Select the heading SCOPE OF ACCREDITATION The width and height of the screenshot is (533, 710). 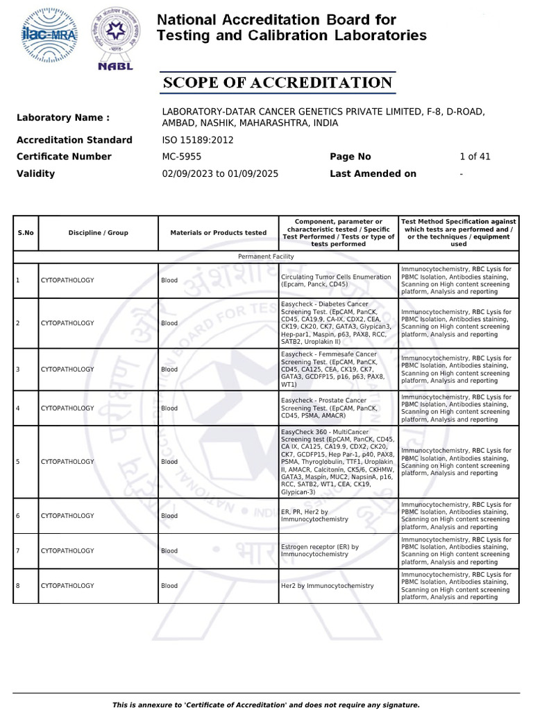pos(278,83)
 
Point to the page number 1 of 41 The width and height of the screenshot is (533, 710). pos(475,157)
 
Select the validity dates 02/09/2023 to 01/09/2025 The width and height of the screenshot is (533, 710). pos(220,174)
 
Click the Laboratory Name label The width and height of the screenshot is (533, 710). pos(63,118)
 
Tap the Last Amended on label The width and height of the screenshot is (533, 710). pos(373,174)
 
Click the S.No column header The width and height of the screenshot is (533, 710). pos(25,233)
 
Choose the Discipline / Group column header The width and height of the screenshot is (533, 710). pos(98,233)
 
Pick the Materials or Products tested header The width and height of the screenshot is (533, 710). pos(218,233)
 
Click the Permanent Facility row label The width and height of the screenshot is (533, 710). pos(266,257)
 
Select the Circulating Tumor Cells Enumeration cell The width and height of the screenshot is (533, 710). pos(337,281)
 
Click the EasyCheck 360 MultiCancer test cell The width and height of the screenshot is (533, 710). pos(337,462)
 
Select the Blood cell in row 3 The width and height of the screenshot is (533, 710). pos(169,370)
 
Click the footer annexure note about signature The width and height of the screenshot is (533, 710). pos(266,704)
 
